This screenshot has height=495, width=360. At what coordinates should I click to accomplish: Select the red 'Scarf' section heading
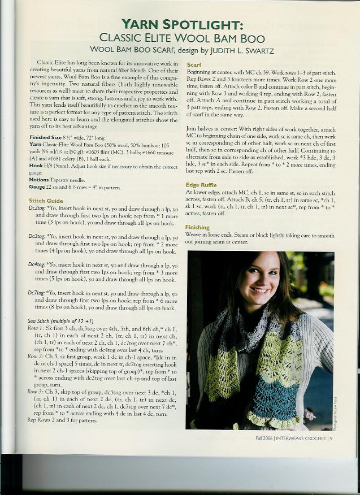pyautogui.click(x=194, y=65)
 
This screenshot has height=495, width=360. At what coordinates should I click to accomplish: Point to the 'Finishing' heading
pyautogui.click(x=197, y=227)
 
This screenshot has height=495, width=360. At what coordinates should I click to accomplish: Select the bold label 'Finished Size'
pyautogui.click(x=45, y=137)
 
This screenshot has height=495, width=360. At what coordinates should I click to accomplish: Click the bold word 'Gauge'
pyautogui.click(x=37, y=186)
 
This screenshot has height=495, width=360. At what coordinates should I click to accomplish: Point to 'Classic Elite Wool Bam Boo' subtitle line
pyautogui.click(x=181, y=38)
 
